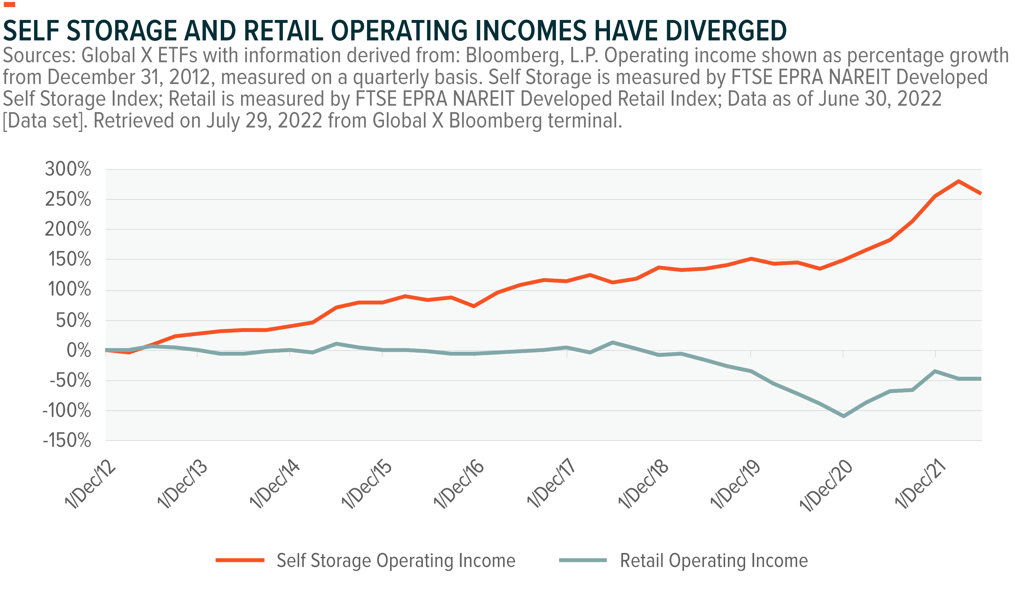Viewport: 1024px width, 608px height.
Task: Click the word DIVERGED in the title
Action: pos(725,31)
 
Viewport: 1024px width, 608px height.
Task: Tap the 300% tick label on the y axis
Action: pos(68,168)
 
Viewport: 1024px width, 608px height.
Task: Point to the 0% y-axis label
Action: pos(79,350)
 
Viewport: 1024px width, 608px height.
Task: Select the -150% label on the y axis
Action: pos(67,441)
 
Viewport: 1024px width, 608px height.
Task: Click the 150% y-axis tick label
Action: pos(69,259)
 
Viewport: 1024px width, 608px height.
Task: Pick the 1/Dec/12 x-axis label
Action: pos(91,484)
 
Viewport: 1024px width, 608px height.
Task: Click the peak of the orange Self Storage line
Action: pos(959,181)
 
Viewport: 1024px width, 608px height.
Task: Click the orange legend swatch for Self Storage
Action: pos(240,560)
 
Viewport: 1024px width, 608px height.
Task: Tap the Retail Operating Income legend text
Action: pos(714,560)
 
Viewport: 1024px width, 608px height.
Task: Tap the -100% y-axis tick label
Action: pos(67,410)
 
